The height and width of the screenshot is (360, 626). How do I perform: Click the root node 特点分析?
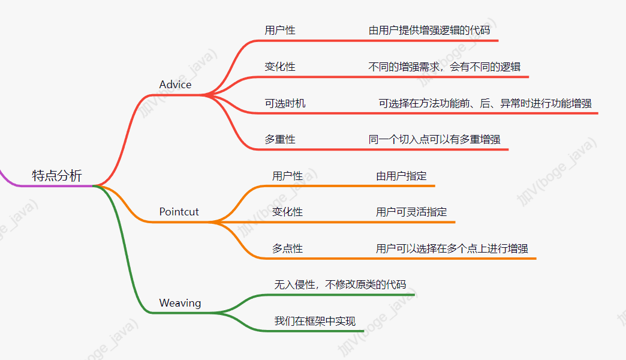click(57, 176)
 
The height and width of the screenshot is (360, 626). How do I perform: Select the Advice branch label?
click(175, 85)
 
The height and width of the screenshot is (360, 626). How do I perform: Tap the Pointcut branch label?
click(179, 212)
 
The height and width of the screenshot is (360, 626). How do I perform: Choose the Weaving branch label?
click(180, 303)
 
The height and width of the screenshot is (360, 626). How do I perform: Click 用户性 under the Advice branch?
click(280, 30)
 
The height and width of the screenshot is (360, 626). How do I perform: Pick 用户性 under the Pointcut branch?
click(287, 176)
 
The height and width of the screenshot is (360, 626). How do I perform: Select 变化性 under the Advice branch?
click(280, 67)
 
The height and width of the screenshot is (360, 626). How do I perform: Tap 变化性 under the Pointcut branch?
click(287, 212)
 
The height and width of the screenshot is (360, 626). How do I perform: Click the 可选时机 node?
click(285, 103)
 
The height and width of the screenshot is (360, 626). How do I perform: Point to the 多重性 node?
click(280, 139)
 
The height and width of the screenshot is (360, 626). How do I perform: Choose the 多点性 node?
click(287, 248)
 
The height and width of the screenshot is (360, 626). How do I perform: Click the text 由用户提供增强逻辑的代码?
click(434, 30)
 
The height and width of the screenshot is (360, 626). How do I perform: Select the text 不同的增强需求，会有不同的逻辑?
click(449, 67)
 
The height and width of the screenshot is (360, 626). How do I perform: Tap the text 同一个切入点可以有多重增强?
click(434, 139)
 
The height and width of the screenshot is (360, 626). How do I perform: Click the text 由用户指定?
click(401, 176)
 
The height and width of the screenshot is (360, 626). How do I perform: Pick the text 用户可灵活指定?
click(411, 212)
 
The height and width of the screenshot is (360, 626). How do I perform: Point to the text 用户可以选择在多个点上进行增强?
click(452, 248)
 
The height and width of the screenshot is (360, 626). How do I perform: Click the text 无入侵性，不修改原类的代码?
click(340, 284)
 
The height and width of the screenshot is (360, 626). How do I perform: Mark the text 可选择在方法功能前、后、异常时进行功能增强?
click(485, 103)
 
